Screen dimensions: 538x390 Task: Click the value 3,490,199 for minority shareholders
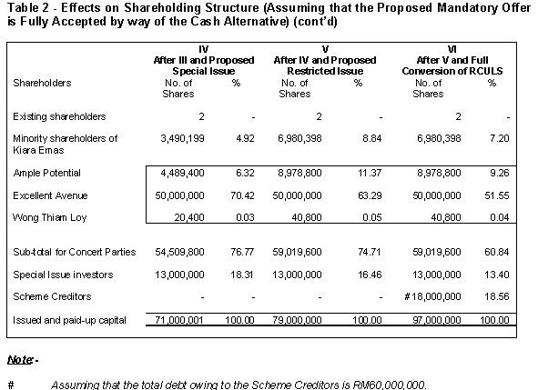coord(183,138)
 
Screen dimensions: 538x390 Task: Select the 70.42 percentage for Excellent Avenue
coord(242,195)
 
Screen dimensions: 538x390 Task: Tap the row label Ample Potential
coord(47,173)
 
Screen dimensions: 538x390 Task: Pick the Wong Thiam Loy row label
coord(50,217)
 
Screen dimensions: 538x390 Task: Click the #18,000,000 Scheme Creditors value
coord(432,296)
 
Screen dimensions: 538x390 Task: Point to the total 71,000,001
coord(179,320)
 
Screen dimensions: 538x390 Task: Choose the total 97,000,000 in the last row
coord(437,320)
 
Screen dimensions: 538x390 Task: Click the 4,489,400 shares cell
coord(183,173)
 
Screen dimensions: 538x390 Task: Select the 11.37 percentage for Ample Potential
coord(370,173)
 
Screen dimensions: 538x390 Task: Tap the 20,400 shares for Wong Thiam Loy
coord(189,217)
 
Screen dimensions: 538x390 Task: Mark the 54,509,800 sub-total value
coord(179,252)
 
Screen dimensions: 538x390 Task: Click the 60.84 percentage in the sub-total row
coord(496,252)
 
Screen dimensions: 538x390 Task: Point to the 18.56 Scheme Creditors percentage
coord(496,296)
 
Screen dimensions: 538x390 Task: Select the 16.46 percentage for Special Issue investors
coord(370,275)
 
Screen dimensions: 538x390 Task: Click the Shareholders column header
coord(42,83)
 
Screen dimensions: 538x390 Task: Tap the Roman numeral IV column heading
coord(204,49)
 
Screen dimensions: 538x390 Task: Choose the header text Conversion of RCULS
coord(452,71)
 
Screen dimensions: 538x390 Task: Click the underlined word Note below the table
coord(20,360)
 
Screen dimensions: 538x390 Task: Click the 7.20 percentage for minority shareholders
coord(499,138)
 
